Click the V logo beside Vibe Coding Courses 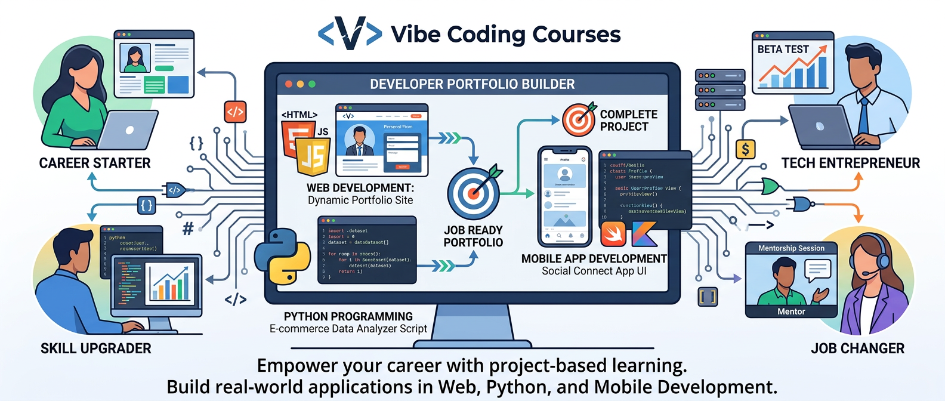coord(350,33)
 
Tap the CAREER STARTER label coord(95,163)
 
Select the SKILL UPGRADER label coord(96,348)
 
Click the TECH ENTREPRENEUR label coord(851,163)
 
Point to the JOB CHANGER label coord(857,348)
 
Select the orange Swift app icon coord(613,234)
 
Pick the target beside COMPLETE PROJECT coord(579,119)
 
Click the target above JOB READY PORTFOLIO coord(474,193)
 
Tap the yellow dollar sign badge coord(746,149)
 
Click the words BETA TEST coord(783,50)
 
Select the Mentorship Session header coord(791,248)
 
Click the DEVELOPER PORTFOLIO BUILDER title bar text coord(472,84)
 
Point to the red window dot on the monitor coord(289,84)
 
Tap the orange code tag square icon coord(235,112)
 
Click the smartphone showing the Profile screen coord(564,197)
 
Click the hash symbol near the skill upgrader coord(188,229)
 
